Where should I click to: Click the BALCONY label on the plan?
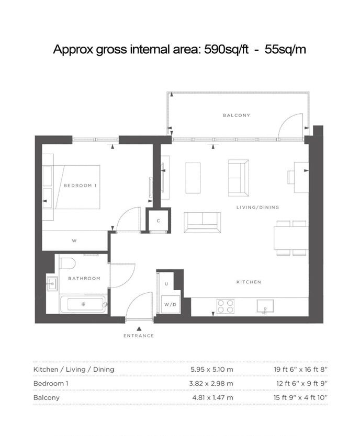[x=236, y=115]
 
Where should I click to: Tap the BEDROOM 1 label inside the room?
[x=80, y=186]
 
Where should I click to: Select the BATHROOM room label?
[x=84, y=278]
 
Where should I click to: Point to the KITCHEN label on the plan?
[x=249, y=282]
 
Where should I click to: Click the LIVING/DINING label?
[x=257, y=207]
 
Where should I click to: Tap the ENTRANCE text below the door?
[x=139, y=336]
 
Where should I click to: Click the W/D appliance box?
[x=170, y=304]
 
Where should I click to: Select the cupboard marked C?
[x=159, y=221]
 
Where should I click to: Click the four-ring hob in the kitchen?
[x=226, y=306]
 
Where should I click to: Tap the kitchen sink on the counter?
[x=265, y=306]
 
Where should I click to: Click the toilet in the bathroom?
[x=67, y=263]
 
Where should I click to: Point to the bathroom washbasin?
[x=52, y=284]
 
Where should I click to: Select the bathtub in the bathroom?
[x=83, y=304]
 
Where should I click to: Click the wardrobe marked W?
[x=74, y=241]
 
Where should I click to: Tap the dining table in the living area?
[x=291, y=238]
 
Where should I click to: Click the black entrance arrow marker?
[x=139, y=329]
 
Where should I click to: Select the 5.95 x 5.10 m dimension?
[x=212, y=370]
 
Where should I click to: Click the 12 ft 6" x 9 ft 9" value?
[x=302, y=383]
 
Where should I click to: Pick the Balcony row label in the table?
[x=47, y=398]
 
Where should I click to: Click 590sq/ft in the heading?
[x=226, y=50]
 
